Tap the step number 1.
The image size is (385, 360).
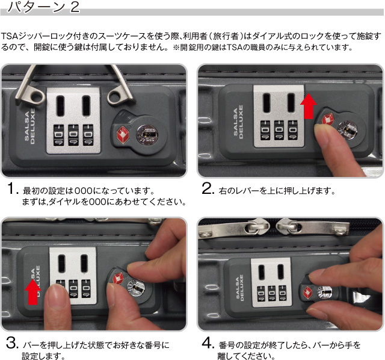(x=13, y=191)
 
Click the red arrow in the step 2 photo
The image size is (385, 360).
(x=309, y=107)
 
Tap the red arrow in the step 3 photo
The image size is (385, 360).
(x=31, y=293)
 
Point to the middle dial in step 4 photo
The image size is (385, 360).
(x=271, y=294)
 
